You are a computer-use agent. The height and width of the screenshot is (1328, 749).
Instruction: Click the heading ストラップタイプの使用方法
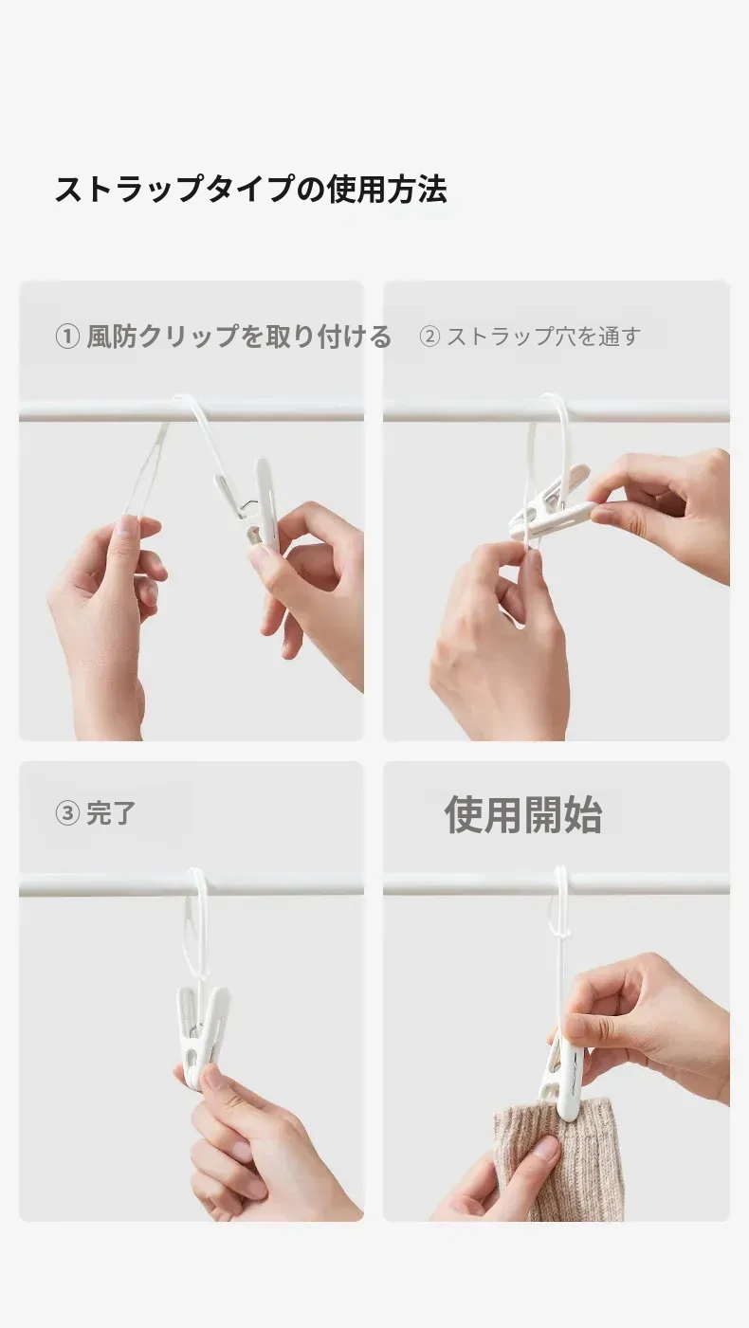pos(250,190)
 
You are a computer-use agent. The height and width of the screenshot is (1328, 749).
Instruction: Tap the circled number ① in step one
pos(67,337)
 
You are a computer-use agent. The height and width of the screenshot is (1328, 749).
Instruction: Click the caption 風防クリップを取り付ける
pos(240,337)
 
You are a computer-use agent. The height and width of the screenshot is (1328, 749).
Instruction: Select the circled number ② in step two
pos(429,337)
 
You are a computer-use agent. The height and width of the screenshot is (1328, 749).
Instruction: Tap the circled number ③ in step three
pos(67,812)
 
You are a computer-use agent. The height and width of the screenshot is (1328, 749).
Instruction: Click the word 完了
pos(111,812)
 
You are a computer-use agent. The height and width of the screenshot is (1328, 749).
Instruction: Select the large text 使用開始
pos(523,814)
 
